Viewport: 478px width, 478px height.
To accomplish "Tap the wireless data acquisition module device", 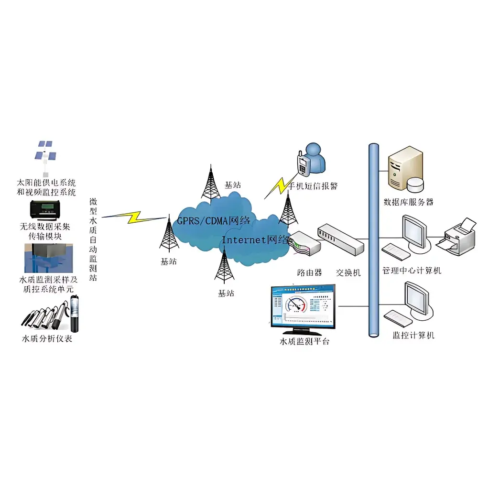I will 46,209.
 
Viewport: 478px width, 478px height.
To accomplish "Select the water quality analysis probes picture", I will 53,314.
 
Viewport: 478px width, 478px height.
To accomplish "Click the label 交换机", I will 348,272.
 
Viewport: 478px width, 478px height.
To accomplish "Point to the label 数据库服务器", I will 409,202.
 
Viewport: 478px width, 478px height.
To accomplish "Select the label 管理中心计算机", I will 412,271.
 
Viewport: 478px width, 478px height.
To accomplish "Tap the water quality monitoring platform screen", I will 302,308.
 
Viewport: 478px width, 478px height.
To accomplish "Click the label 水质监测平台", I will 304,342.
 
